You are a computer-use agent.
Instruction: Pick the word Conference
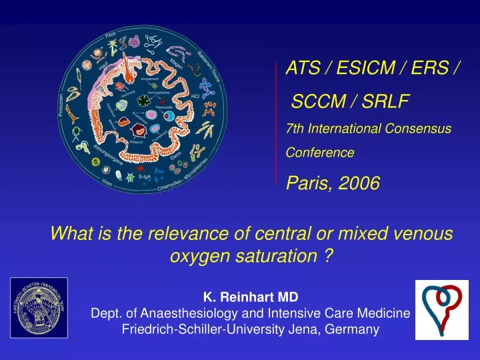[320, 153]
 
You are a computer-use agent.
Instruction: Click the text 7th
[294, 127]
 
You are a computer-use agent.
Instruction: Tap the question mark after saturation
[329, 256]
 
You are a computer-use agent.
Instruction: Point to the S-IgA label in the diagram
[144, 177]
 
